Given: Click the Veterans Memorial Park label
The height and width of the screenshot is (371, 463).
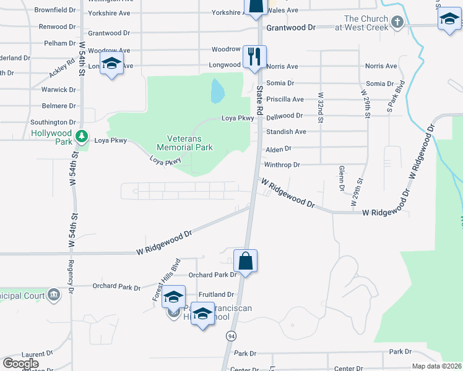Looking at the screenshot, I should click(184, 143).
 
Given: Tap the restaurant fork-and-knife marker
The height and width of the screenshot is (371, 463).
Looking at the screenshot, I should click(254, 57).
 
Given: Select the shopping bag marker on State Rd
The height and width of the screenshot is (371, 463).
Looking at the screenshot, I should click(246, 261).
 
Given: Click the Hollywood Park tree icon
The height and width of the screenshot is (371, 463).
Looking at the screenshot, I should click(80, 135).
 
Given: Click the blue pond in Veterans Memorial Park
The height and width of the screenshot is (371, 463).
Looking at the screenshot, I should click(217, 92).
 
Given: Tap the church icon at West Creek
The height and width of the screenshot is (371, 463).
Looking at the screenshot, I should click(397, 23).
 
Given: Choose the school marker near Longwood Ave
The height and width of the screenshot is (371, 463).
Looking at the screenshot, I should click(112, 64).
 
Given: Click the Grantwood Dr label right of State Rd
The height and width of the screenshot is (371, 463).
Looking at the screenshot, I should click(291, 28).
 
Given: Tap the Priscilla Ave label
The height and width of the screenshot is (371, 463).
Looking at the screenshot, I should click(285, 99).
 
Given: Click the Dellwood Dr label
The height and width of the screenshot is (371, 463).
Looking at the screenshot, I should click(284, 116).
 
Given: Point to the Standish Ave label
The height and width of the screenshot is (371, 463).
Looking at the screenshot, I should click(286, 132).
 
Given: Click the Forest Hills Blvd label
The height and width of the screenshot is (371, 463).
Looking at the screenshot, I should click(166, 279).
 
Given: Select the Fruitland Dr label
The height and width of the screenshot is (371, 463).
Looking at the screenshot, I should click(217, 295).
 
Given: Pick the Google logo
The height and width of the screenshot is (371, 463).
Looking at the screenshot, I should click(20, 364).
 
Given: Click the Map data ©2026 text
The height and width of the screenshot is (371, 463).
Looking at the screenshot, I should click(437, 366).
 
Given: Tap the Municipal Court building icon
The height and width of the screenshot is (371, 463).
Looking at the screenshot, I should click(54, 294).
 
